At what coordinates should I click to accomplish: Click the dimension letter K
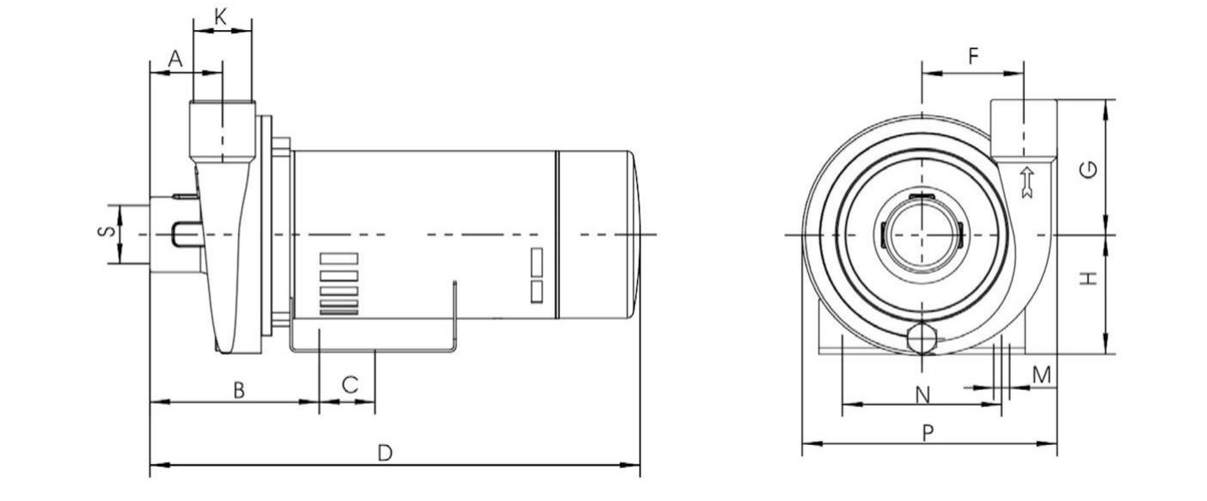[221, 17]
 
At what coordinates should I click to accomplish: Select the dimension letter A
[175, 59]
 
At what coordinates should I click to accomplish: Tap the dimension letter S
[107, 231]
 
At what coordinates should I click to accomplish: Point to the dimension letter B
[239, 390]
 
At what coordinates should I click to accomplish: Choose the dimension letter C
[350, 385]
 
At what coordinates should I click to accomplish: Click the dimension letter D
[385, 453]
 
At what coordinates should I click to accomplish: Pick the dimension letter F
[973, 56]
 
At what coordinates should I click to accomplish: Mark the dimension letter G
[1088, 170]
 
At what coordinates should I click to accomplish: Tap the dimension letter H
[1089, 279]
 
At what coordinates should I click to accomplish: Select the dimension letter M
[1042, 374]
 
